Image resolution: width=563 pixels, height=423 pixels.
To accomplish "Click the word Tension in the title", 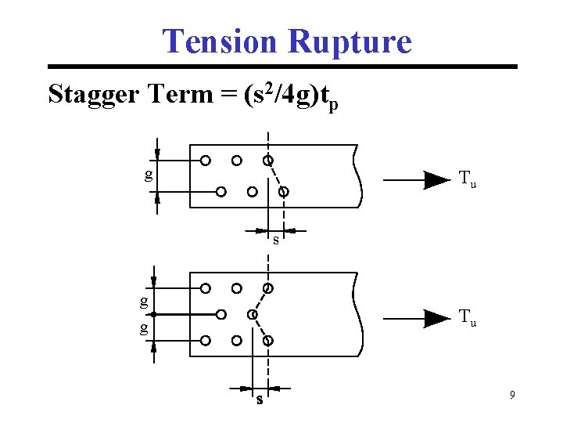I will coord(219,41).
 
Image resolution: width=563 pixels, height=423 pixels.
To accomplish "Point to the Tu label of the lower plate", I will coord(468,317).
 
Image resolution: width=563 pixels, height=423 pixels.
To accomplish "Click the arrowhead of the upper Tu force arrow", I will coord(436,180).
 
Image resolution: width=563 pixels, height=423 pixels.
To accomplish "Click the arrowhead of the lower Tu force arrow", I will coord(436,317).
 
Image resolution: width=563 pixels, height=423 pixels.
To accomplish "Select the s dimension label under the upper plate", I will coord(275,240).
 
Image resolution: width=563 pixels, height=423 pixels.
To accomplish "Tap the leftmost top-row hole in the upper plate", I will coord(205,161).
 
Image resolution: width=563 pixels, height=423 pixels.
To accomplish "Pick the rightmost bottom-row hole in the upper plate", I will coord(284,191).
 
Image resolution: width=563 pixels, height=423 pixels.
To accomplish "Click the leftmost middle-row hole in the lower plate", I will coord(221,314).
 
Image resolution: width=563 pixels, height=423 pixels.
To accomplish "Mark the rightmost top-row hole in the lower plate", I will coord(268,288).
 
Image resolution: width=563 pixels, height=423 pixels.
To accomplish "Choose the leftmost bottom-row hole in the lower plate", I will coord(205,341).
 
